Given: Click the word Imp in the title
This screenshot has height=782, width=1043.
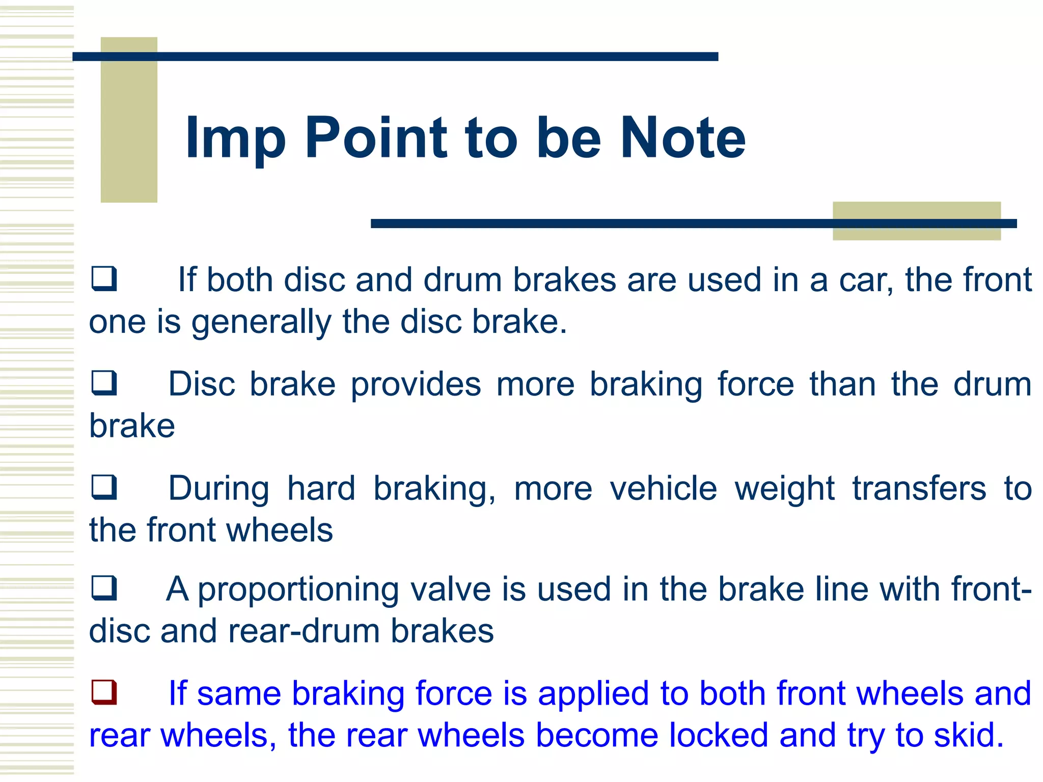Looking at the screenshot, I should [235, 138].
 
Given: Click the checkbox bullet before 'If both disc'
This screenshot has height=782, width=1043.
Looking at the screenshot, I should [104, 279].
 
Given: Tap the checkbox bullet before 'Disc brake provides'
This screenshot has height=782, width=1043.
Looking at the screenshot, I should [104, 383].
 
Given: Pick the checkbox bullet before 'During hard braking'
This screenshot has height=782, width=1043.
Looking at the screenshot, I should [104, 487].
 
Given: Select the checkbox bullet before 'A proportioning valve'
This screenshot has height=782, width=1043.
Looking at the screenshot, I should [104, 588].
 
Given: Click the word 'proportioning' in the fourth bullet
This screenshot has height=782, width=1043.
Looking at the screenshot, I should [298, 591].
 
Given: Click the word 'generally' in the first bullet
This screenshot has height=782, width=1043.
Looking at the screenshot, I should [261, 323].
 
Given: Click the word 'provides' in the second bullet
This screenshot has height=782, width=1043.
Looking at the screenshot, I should [416, 385].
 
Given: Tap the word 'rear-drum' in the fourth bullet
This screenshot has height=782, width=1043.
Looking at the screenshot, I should [304, 631].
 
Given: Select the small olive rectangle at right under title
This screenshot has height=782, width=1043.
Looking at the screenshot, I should [917, 220].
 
